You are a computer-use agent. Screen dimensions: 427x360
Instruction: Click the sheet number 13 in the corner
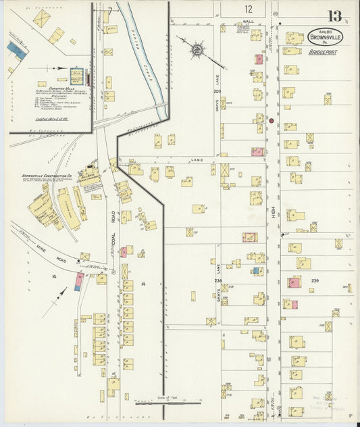tap(334, 16)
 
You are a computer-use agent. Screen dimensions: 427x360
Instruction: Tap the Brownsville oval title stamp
tap(325, 38)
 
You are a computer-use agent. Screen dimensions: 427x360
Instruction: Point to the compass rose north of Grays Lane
tap(197, 49)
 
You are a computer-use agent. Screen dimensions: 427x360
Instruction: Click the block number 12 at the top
tap(249, 9)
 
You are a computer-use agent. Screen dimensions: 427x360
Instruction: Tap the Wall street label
tap(247, 22)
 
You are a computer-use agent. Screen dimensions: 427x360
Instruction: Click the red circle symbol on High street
tap(271, 121)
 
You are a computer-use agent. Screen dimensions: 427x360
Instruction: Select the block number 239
tap(315, 280)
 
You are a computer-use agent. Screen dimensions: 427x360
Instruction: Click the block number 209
tap(217, 91)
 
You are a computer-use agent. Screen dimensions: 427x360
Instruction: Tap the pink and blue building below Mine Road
tap(79, 281)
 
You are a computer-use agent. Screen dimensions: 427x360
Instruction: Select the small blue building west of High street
tap(257, 270)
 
